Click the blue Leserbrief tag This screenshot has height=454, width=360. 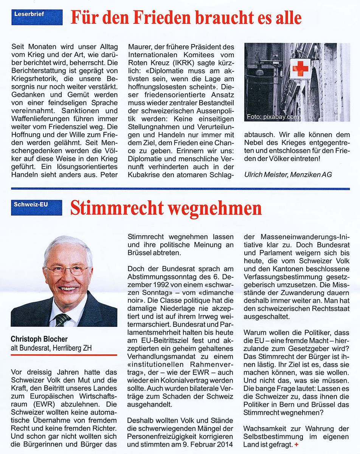tap(37, 17)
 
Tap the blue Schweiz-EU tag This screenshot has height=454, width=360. tap(36, 208)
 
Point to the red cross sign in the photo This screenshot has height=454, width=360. tap(300, 68)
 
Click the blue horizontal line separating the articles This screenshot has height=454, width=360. tap(180, 188)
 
